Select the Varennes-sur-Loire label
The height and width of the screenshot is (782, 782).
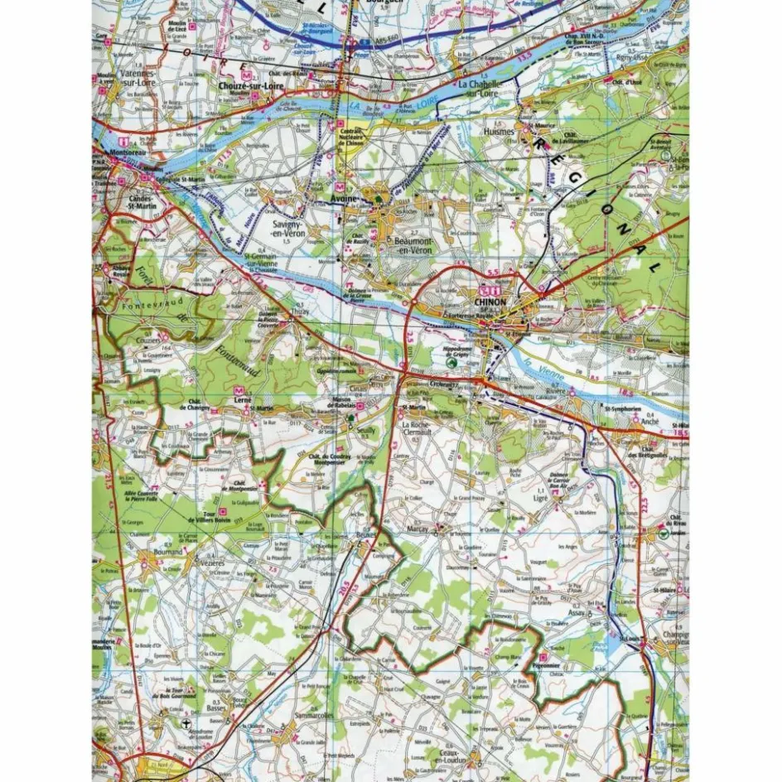tap(145, 78)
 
